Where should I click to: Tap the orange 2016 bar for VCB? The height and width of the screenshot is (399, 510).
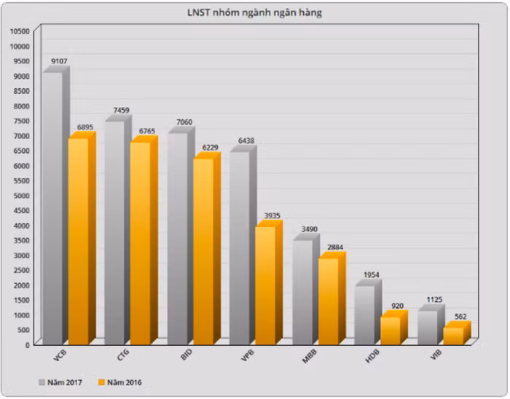pos(78,240)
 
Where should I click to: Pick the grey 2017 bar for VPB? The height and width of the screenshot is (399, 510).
pos(240,248)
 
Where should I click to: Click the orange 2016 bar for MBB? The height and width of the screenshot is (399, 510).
pos(328,301)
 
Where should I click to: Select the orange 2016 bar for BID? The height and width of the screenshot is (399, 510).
pos(203,251)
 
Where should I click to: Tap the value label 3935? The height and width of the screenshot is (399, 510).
pos(272,216)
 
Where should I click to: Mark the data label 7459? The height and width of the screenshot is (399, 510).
pos(122,111)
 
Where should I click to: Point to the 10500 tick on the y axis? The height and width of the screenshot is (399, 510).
pos(20,31)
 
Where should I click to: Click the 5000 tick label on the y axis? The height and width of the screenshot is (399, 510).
pos(22,195)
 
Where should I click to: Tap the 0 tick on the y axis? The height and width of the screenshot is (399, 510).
pos(28,344)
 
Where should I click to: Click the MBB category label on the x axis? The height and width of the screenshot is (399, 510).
pos(310,356)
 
